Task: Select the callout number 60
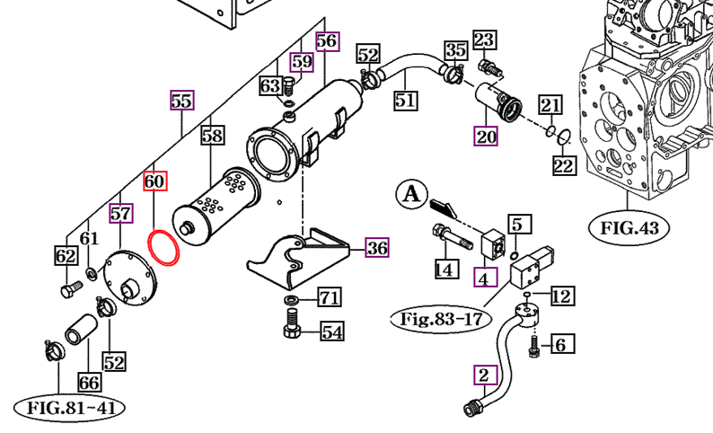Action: point(154,182)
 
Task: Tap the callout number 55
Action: point(181,101)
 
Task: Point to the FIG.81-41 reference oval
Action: point(69,408)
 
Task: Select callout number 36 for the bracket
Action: point(377,249)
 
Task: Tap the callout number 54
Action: point(331,332)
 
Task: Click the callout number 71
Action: point(330,298)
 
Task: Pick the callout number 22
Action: point(563,166)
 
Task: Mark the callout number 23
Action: point(484,40)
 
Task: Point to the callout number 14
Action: point(442,268)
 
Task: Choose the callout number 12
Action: point(561,296)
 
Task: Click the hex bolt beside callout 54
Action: point(292,330)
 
